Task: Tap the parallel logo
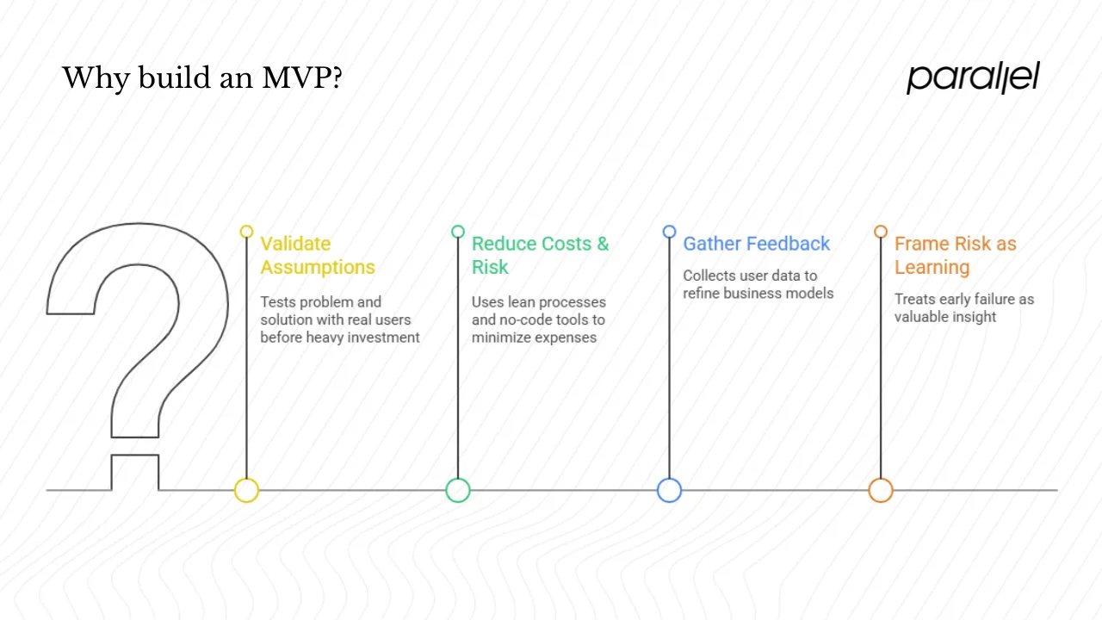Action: click(973, 77)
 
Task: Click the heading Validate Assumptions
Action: click(318, 256)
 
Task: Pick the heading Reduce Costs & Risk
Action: click(540, 256)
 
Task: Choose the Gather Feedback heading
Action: click(757, 244)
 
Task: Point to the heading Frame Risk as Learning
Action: click(955, 256)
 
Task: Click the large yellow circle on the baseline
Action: click(247, 491)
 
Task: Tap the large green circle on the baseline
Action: click(458, 491)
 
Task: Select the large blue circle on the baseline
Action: click(669, 491)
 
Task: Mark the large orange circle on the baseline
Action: click(881, 491)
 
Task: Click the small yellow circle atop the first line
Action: click(247, 232)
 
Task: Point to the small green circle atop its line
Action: click(458, 232)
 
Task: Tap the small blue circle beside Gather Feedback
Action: click(669, 232)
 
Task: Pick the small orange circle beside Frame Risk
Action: click(881, 232)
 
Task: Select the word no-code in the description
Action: click(518, 320)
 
